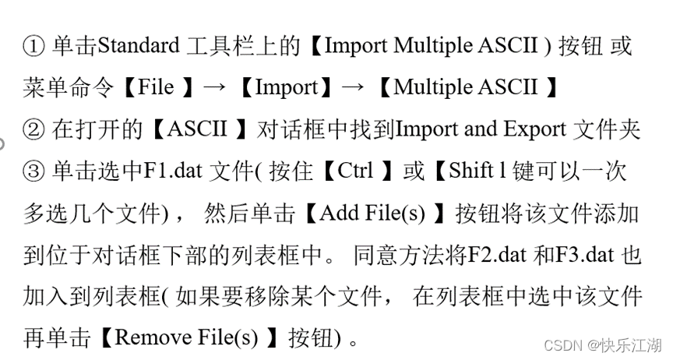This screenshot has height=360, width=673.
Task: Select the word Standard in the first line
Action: (138, 46)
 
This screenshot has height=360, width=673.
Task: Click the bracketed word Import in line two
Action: (287, 88)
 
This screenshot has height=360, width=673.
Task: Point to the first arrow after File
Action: (212, 88)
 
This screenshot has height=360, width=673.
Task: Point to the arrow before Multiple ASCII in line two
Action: (353, 88)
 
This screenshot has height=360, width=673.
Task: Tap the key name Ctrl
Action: (355, 172)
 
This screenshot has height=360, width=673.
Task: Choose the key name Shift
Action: (471, 172)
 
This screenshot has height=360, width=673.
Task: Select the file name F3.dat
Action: (587, 255)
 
